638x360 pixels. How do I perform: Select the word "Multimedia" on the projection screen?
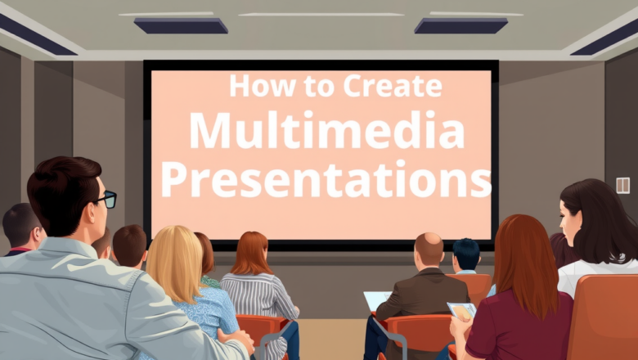coord(327,131)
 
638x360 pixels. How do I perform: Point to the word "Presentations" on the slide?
coord(326,180)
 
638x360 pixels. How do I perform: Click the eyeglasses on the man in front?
coord(106,198)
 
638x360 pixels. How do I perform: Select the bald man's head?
coord(429,249)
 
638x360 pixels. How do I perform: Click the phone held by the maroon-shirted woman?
coord(462,311)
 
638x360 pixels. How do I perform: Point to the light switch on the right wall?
coord(622,185)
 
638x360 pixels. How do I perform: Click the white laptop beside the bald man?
coord(375,300)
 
